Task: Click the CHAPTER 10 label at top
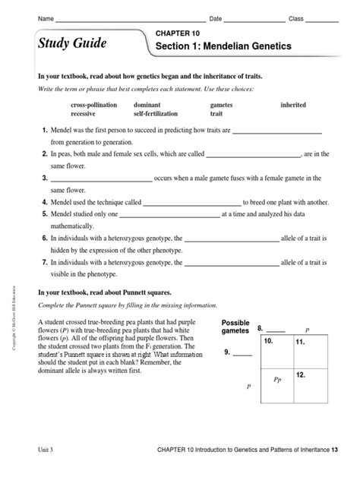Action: (x=178, y=33)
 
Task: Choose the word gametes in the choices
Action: (x=223, y=105)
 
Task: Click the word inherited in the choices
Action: (x=294, y=105)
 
